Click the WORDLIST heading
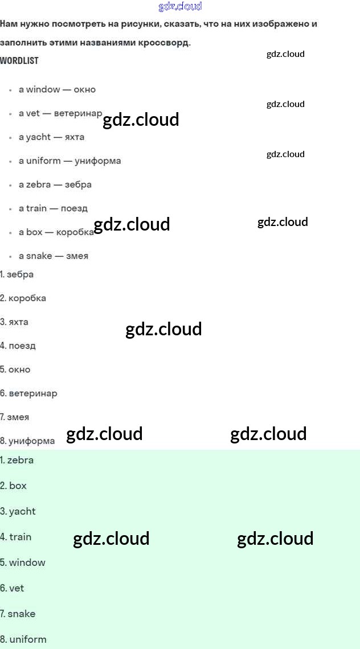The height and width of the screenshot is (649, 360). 19,60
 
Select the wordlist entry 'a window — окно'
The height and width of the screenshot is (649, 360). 57,89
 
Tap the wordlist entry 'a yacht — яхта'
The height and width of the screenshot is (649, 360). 51,137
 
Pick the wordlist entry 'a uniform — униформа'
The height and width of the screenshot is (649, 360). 69,161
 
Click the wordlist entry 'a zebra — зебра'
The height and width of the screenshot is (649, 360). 55,185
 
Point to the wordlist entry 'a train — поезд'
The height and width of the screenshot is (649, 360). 53,208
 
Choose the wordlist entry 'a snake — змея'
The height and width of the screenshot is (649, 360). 54,256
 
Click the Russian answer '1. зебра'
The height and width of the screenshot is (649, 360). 17,274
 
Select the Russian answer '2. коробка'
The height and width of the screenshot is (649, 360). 23,298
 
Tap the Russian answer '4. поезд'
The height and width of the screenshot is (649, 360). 18,346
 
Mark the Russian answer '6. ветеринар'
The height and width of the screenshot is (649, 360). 29,393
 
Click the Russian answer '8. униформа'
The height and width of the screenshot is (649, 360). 28,441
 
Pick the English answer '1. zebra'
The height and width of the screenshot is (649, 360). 17,461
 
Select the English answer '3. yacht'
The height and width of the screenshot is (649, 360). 18,512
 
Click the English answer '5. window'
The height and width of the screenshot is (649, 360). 23,563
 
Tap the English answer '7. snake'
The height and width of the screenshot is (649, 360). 18,614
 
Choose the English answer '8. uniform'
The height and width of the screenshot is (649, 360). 23,640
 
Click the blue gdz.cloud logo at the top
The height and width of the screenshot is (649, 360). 180,7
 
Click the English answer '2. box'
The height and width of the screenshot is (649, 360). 14,486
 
